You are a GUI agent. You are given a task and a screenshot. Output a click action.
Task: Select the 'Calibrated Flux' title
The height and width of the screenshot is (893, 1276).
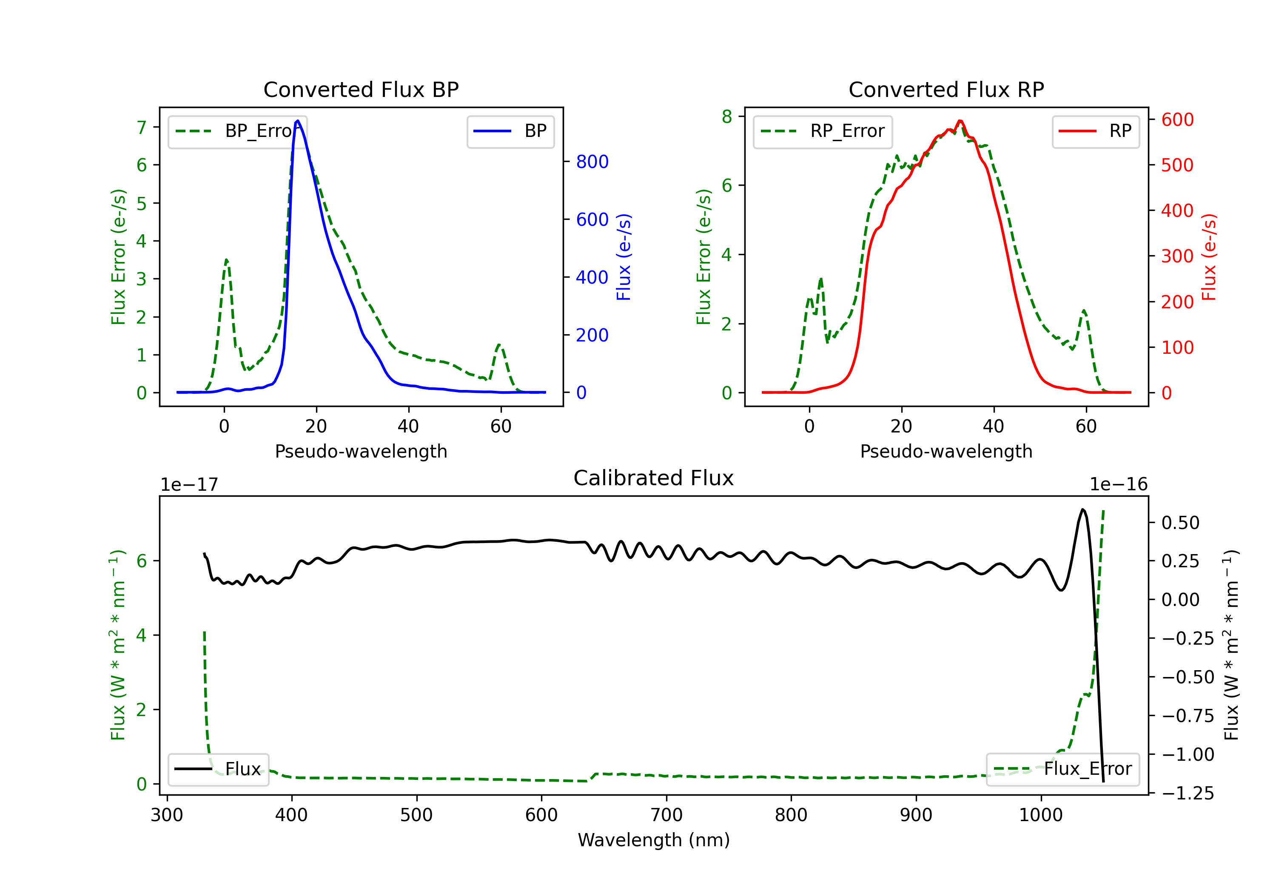(x=654, y=478)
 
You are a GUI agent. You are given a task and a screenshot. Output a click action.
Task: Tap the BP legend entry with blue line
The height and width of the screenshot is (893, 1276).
(x=510, y=131)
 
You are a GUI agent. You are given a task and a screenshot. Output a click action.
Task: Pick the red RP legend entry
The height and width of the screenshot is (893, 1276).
(x=1095, y=131)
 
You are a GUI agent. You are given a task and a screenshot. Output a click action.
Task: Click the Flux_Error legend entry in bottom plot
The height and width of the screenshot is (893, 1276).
(x=1062, y=769)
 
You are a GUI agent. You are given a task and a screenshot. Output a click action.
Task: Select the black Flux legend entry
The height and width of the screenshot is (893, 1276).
(x=218, y=769)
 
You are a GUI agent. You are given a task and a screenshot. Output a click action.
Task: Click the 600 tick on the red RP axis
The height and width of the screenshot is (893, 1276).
(x=1177, y=119)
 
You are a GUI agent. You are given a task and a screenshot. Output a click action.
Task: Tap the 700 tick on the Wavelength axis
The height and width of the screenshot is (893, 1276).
(x=666, y=815)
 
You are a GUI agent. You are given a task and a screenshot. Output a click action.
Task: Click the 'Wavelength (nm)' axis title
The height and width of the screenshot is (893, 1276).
(x=654, y=840)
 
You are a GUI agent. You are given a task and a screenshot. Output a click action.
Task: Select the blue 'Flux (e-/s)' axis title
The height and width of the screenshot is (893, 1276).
(x=624, y=257)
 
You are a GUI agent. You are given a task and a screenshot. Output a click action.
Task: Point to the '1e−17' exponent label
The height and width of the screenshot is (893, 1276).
(x=189, y=485)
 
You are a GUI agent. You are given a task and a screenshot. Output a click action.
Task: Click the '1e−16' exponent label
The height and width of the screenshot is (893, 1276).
(x=1118, y=485)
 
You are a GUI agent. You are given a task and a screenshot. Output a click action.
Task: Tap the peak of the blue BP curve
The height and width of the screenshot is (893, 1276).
(x=298, y=121)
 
